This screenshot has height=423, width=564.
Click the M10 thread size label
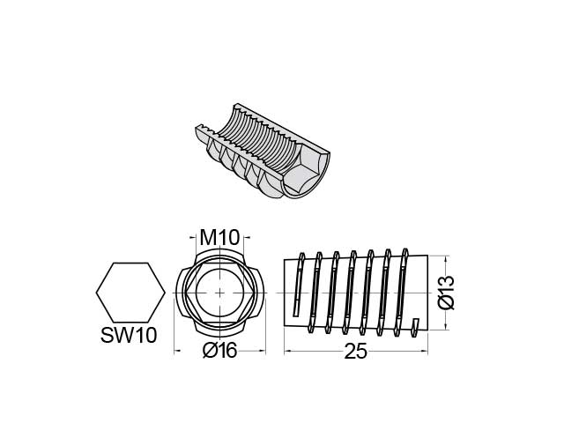[220, 238]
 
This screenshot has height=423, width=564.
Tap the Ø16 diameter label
[219, 350]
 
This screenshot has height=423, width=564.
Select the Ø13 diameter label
[446, 293]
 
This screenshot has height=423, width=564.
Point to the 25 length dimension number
[355, 351]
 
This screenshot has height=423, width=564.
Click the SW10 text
[130, 337]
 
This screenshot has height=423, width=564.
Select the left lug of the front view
[183, 293]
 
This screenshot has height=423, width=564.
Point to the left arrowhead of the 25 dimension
[287, 351]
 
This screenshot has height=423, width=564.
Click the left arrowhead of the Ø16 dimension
[178, 350]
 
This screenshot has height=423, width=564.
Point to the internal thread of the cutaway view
[256, 137]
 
